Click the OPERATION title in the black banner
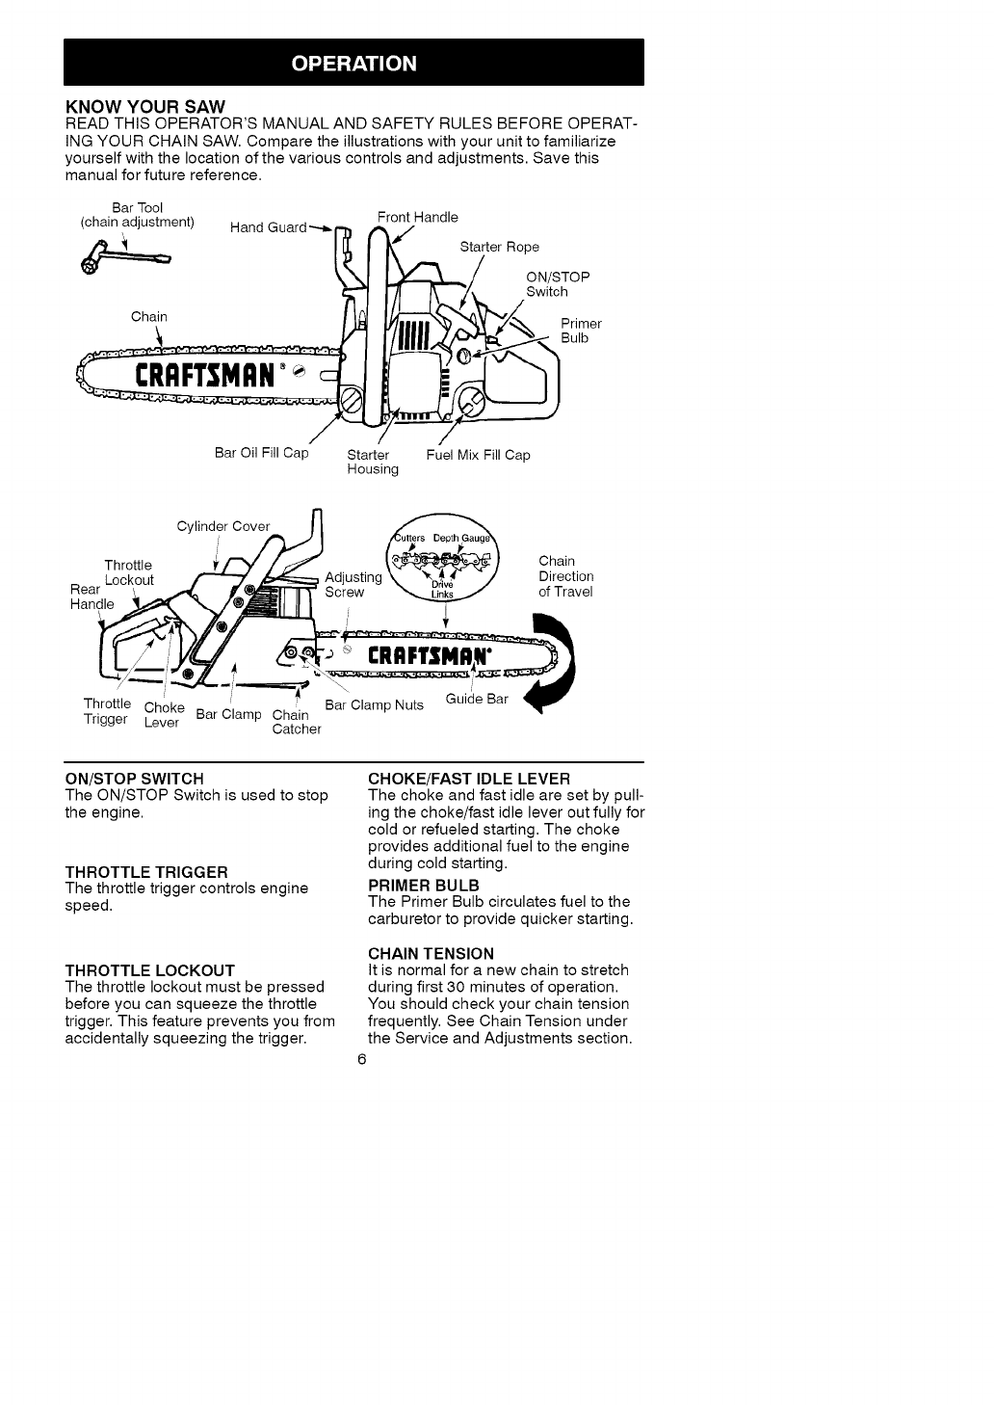point(353,64)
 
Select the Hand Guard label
point(269,227)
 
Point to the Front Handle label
point(417,217)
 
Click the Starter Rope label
point(499,247)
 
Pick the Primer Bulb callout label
point(581,331)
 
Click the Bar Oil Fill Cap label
point(261,453)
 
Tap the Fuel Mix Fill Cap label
point(478,455)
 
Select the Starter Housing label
point(372,462)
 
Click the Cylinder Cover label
point(223,526)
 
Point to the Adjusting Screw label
point(353,585)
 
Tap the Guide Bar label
point(477,699)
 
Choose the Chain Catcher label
point(296,722)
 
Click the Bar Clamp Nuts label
point(374,704)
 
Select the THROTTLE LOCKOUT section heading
point(149,969)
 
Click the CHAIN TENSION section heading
point(431,953)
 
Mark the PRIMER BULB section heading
point(424,885)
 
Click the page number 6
point(361,1059)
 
